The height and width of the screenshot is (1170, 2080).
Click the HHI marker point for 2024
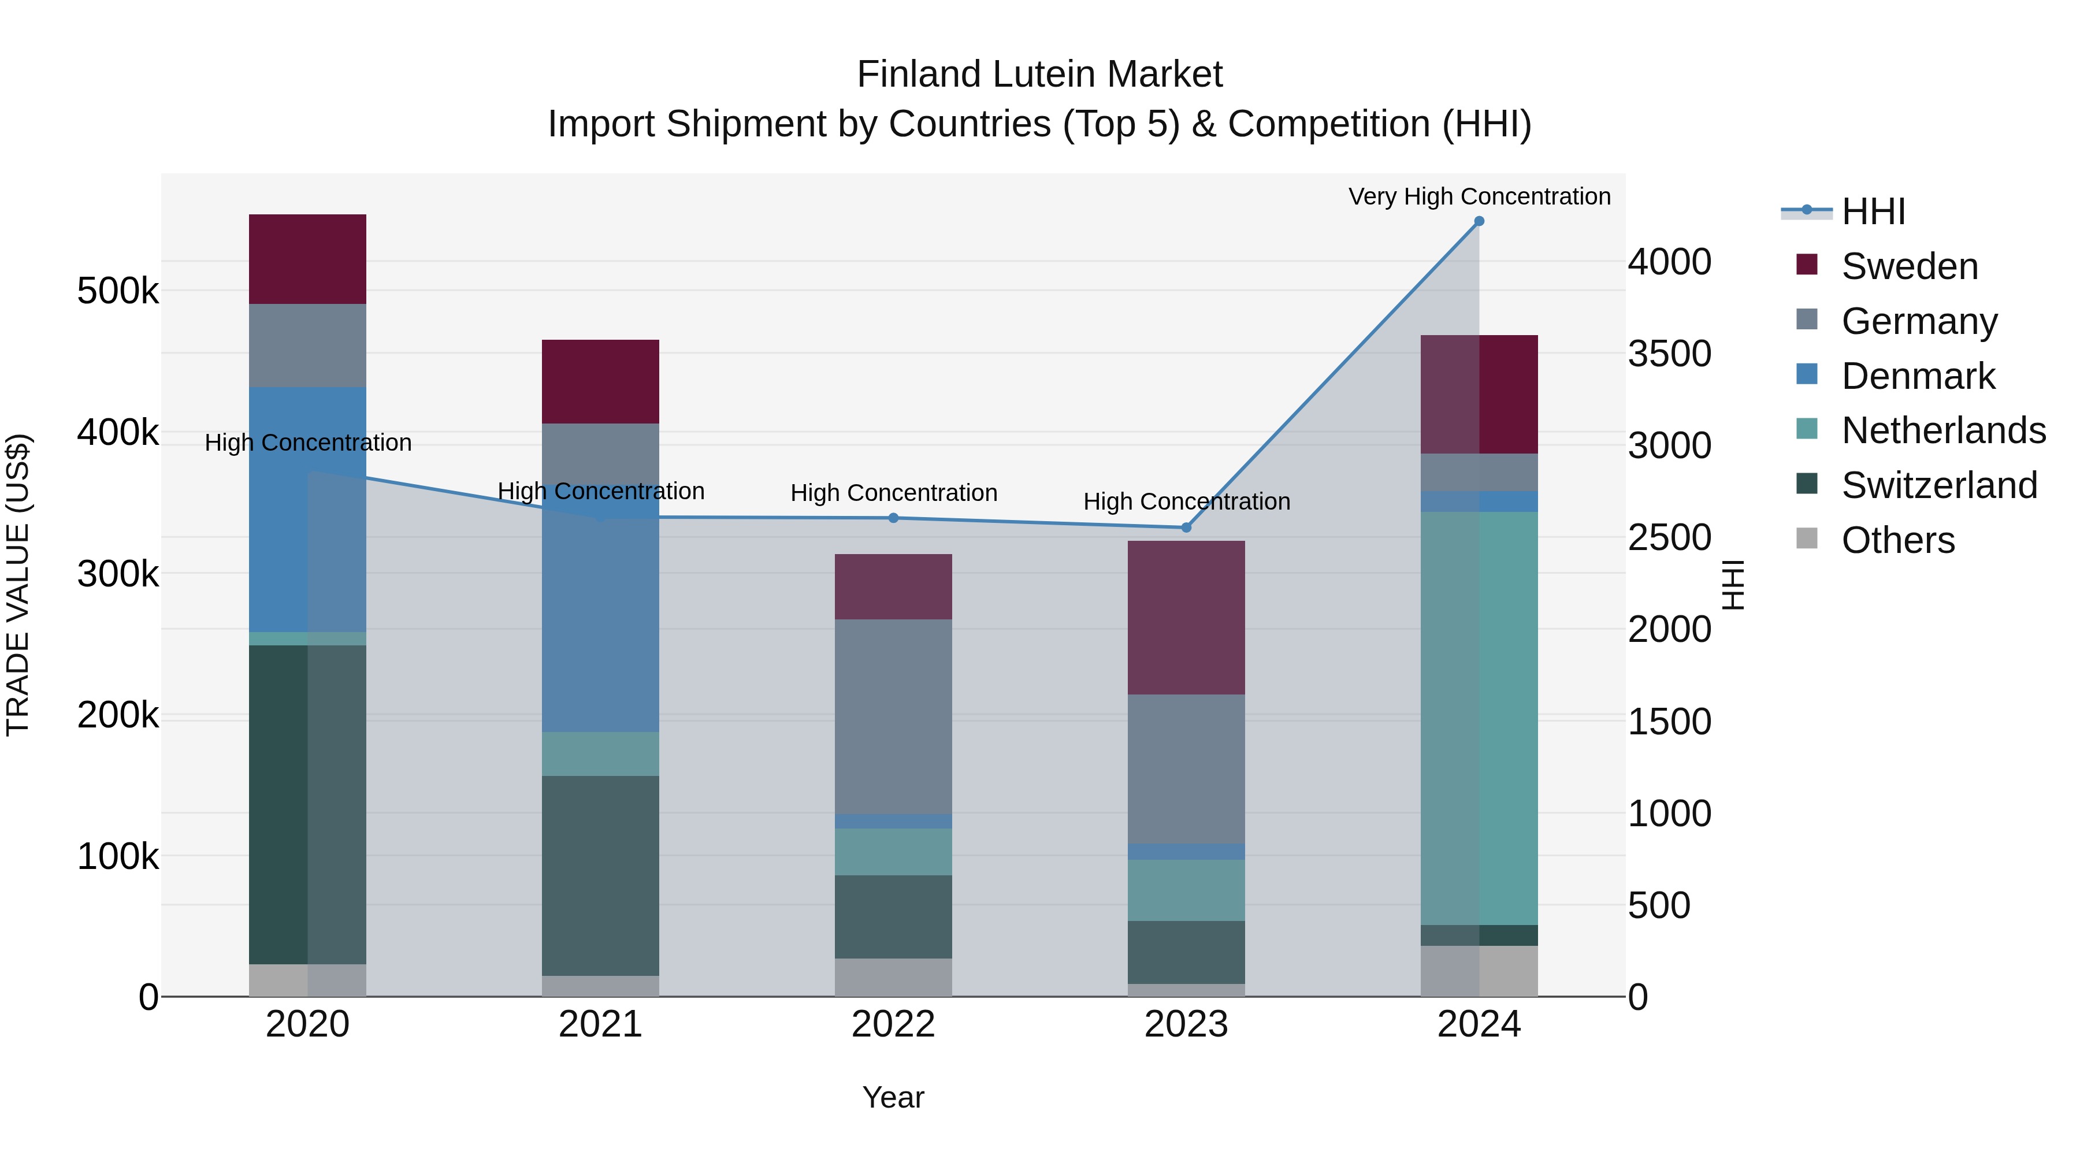pyautogui.click(x=1479, y=221)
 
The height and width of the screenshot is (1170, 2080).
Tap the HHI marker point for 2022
pyautogui.click(x=893, y=518)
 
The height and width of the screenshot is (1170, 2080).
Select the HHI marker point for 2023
pyautogui.click(x=1186, y=528)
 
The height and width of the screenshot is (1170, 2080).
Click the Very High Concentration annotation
pyautogui.click(x=1479, y=196)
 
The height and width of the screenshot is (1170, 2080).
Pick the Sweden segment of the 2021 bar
pyautogui.click(x=600, y=381)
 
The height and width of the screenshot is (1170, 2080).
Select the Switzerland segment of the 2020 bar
pyautogui.click(x=307, y=804)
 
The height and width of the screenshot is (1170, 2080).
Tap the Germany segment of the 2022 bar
pyautogui.click(x=893, y=716)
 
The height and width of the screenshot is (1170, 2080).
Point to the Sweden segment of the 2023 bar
pyautogui.click(x=1186, y=618)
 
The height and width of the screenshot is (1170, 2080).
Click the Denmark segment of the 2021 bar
pyautogui.click(x=600, y=614)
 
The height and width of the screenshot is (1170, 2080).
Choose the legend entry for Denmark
pyautogui.click(x=1918, y=376)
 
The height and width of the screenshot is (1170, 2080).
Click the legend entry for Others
pyautogui.click(x=1897, y=540)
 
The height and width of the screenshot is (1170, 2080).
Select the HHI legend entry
pyautogui.click(x=1873, y=211)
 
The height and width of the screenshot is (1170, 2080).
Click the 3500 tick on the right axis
pyautogui.click(x=1669, y=354)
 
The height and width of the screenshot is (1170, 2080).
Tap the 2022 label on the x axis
pyautogui.click(x=893, y=1024)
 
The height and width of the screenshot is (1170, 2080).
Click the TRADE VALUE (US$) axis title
pyautogui.click(x=18, y=585)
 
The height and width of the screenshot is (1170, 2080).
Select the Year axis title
pyautogui.click(x=893, y=1097)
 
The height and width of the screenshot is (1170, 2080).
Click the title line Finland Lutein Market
pyautogui.click(x=1039, y=75)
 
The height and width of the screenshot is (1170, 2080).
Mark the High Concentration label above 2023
pyautogui.click(x=1186, y=502)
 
